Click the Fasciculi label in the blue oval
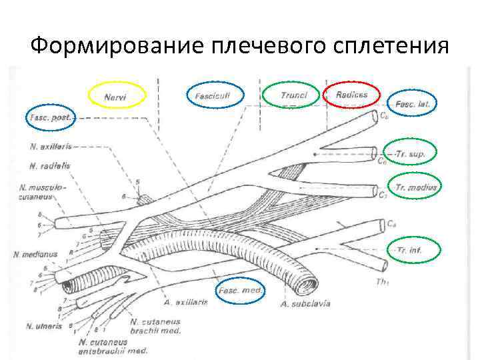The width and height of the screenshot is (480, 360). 213,97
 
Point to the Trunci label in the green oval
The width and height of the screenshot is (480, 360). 293,96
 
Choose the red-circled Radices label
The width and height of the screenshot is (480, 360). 352,95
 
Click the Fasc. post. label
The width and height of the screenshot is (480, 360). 51,117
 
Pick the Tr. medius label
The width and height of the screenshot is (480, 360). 416,188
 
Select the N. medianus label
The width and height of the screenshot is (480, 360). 34,254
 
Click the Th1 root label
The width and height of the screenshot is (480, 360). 383,282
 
